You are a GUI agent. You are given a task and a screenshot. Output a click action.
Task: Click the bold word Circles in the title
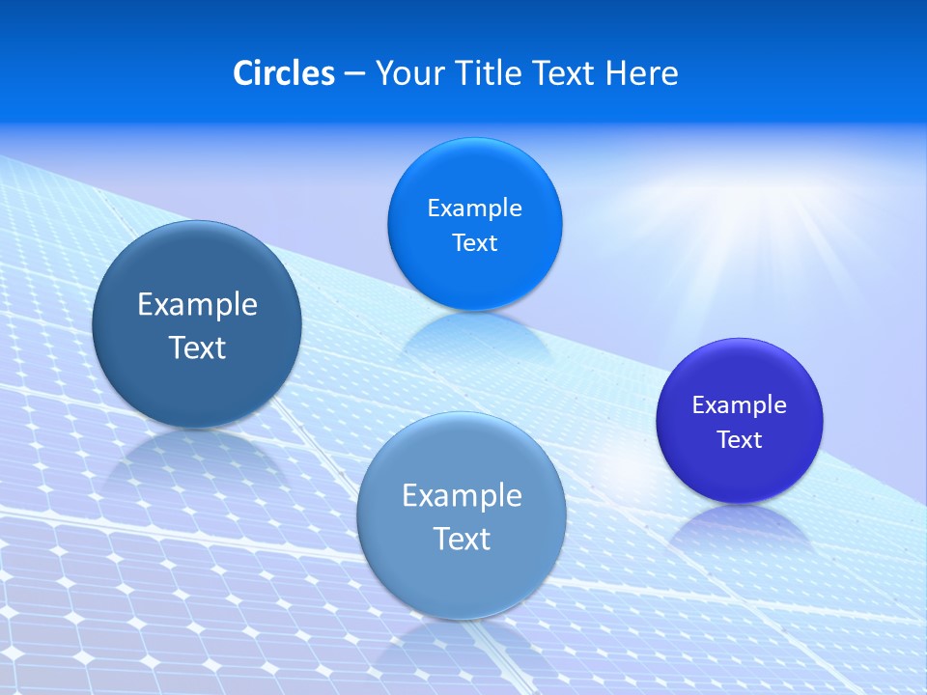283,72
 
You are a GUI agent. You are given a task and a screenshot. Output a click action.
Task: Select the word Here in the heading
641,72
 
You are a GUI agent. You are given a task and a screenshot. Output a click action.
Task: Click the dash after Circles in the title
353,73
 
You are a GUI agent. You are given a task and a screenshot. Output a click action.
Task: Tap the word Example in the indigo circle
740,404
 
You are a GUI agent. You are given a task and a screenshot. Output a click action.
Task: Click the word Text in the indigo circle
740,439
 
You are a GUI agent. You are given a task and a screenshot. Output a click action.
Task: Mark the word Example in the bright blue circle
474,208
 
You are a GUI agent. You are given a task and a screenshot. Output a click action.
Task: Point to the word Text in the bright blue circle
474,242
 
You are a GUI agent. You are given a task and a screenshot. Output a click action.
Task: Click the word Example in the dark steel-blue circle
197,304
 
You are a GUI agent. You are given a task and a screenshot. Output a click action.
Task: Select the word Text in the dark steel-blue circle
197,347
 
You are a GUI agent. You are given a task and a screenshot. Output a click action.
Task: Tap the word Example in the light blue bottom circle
462,495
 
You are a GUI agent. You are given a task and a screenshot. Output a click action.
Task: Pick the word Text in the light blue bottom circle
462,539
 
